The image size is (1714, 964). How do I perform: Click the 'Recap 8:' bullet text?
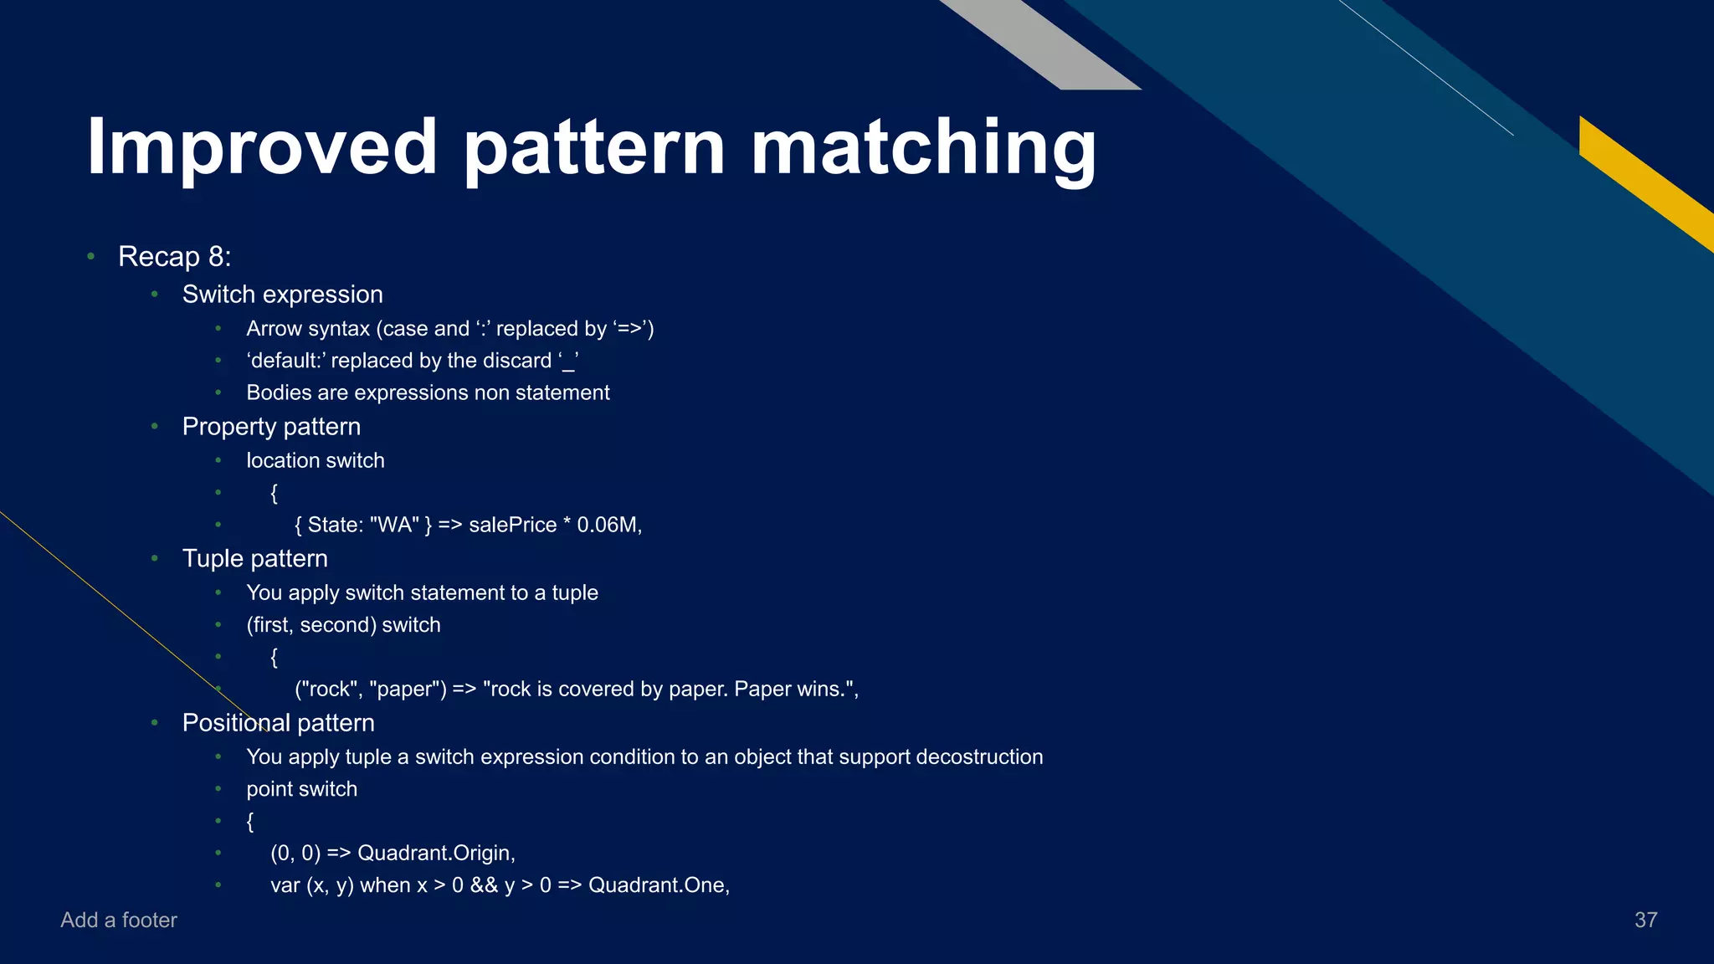tap(174, 256)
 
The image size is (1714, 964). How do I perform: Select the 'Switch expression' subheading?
tap(282, 295)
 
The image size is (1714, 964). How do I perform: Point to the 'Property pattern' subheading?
tap(271, 427)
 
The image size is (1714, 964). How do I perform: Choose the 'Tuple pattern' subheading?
tap(254, 559)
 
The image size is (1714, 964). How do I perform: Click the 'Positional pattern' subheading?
tap(278, 723)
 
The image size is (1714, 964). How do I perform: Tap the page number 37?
tap(1645, 920)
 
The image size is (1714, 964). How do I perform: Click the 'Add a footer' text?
tap(119, 920)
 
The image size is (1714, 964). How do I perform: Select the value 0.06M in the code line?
tap(608, 525)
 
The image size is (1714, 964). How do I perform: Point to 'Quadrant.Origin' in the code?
tap(435, 853)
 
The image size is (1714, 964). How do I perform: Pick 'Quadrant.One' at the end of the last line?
tap(658, 885)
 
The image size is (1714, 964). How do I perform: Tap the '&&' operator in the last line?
tap(484, 885)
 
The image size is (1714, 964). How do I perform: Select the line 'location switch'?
tap(315, 461)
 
